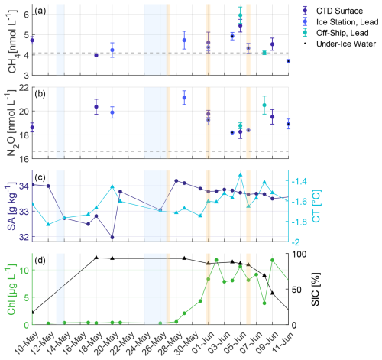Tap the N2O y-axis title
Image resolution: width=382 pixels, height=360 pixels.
point(9,122)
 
